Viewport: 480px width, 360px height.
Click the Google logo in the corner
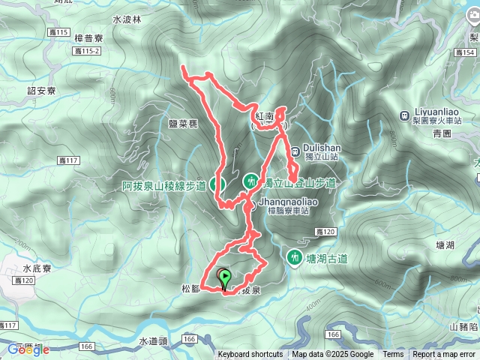pos(28,349)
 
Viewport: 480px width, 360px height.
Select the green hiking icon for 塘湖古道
pos(295,259)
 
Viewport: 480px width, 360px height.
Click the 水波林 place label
pos(127,20)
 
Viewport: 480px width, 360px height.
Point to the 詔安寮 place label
pos(42,90)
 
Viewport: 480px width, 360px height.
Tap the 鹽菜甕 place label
pos(182,125)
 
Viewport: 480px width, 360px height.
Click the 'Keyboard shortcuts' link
pos(250,355)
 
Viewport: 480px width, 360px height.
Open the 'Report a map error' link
pos(444,355)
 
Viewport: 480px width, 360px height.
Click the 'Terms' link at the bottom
pos(393,355)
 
